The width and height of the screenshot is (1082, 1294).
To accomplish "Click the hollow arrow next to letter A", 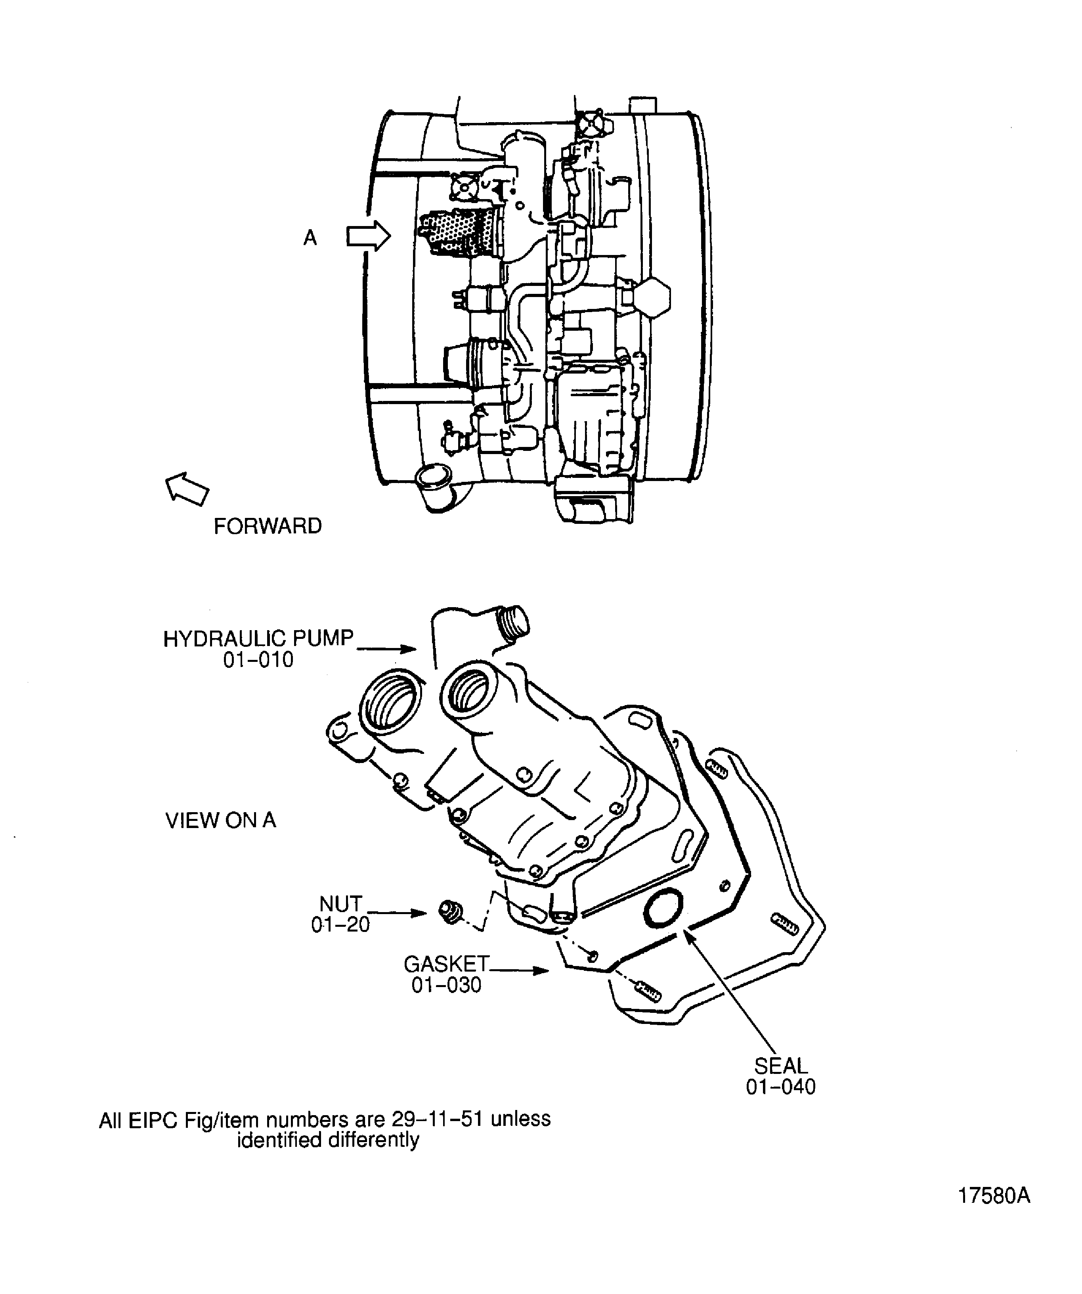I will coord(368,237).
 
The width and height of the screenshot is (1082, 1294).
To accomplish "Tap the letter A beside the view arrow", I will coord(310,238).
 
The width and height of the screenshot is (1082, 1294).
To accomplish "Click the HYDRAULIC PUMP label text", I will coord(258,638).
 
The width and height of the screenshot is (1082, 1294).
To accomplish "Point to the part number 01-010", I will coord(258,660).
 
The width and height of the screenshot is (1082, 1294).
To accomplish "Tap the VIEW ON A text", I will coord(220,820).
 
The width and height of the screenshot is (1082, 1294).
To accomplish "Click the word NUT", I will coord(340,904).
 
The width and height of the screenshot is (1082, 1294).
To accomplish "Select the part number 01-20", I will coord(340,924).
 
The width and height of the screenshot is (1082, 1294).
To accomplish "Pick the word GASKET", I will coord(446,964).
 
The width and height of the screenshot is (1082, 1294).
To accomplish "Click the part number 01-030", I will coord(446,985).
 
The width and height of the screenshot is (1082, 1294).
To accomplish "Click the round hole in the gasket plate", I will coord(663,908).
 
